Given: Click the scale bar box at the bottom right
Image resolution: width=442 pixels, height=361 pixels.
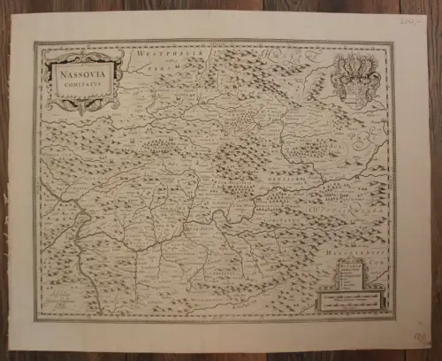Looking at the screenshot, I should coord(354,297).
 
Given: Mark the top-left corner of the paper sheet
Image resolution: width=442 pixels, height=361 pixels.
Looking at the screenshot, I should coord(11,11).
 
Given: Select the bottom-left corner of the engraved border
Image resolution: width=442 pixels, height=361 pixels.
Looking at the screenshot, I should coord(37,319).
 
